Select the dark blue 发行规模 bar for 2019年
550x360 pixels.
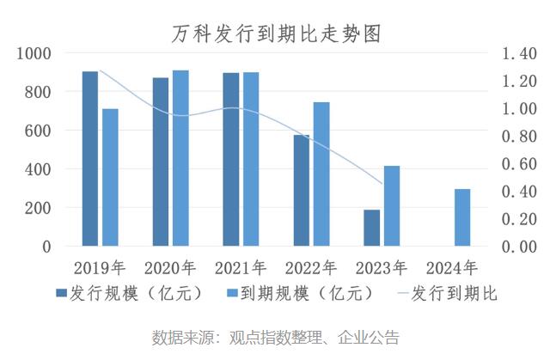pos(90,159)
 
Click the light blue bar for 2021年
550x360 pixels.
pos(251,159)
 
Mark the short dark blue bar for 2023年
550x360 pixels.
pos(371,228)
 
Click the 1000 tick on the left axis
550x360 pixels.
pos(35,53)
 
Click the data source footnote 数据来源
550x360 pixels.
pos(275,337)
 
